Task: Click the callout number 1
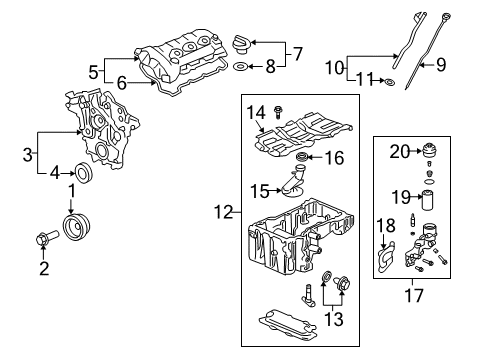(71, 189)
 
